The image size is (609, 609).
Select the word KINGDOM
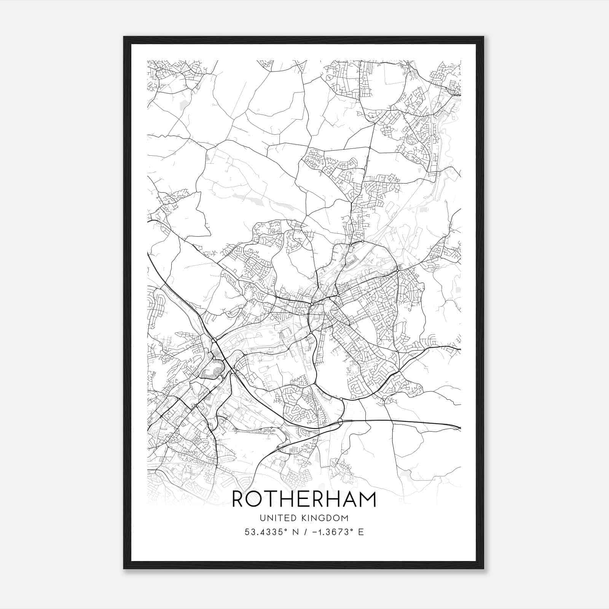pos(325,518)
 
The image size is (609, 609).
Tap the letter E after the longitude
pos(361,532)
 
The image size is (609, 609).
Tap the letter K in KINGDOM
pos(303,518)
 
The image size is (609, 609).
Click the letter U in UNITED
pos(262,518)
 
